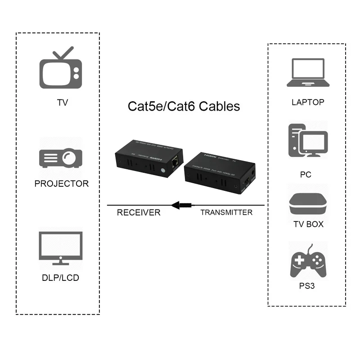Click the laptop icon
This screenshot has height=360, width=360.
[x=307, y=74]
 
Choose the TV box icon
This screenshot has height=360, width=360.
[x=307, y=203]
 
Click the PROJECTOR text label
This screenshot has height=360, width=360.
[x=62, y=184]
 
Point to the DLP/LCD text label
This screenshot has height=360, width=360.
[x=60, y=278]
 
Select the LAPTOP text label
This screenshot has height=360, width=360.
[x=308, y=102]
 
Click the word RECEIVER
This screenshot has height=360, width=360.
[x=139, y=212]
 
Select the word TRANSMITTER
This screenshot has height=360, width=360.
[x=226, y=212]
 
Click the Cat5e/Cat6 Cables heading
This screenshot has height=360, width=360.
[x=184, y=106]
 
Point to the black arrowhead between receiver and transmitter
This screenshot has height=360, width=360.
[x=176, y=205]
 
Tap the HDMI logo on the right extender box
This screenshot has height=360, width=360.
[x=211, y=154]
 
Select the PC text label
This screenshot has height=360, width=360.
[x=306, y=175]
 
